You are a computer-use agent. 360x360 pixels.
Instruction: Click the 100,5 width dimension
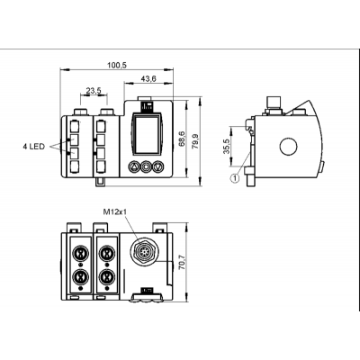click(x=117, y=65)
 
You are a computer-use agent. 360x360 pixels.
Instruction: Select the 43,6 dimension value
click(x=148, y=78)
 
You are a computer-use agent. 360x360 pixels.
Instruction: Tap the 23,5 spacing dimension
click(x=94, y=91)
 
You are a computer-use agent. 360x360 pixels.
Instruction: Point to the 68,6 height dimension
click(x=182, y=139)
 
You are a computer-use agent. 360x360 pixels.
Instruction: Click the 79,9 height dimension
click(x=195, y=140)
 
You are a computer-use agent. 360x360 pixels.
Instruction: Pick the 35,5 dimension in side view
click(x=227, y=147)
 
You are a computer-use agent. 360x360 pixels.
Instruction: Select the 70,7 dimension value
click(x=182, y=263)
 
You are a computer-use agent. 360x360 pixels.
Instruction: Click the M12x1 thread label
click(x=115, y=212)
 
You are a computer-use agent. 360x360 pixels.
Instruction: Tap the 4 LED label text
click(x=33, y=147)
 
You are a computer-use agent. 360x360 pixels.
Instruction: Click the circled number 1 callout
click(x=235, y=178)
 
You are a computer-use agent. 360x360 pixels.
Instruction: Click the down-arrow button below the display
click(x=157, y=166)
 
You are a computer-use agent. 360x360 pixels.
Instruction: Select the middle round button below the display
click(x=146, y=166)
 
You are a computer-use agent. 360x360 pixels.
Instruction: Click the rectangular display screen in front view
click(x=146, y=135)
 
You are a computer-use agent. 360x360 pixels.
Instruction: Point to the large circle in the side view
click(x=288, y=147)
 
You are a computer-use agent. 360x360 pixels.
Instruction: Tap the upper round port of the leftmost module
click(x=80, y=253)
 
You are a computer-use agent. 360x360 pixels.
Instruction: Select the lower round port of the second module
click(x=105, y=276)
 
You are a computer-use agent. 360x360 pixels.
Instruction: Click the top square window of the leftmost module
click(x=75, y=125)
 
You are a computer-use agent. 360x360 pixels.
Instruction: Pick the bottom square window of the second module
click(x=101, y=166)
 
